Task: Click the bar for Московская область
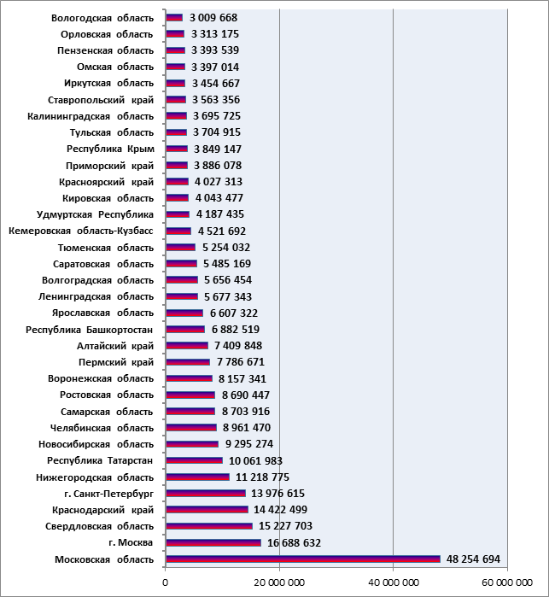pos(303,559)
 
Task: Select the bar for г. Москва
pos(213,542)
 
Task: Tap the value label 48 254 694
pos(473,559)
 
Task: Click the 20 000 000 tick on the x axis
pos(280,582)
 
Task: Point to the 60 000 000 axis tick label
pos(507,582)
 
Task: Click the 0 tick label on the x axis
pos(166,582)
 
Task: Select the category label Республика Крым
pos(110,149)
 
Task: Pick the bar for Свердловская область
pos(209,526)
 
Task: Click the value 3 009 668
pos(213,18)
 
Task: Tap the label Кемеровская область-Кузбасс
pos(81,231)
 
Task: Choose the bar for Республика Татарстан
pos(195,460)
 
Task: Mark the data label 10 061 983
pos(255,460)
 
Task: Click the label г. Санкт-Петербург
pos(109,494)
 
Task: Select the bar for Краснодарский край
pos(207,510)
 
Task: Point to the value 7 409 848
pos(238,346)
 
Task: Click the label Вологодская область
pos(102,18)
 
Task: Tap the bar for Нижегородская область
pos(198,477)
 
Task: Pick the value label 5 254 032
pos(226,248)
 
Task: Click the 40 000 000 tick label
pos(394,582)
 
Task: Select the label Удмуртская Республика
pos(95,214)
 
